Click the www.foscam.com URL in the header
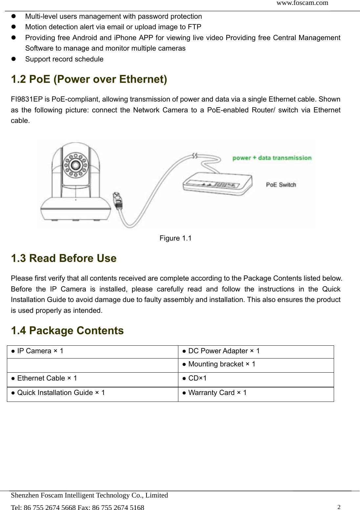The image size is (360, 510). pos(302,3)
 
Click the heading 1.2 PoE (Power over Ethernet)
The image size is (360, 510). pos(89,79)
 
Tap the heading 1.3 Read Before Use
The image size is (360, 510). pos(64,258)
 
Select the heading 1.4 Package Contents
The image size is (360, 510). pos(67,331)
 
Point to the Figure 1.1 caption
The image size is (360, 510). pos(175,238)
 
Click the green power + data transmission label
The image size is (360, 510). pos(272,158)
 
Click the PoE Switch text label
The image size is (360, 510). pos(281,185)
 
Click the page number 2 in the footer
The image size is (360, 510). pos(339,507)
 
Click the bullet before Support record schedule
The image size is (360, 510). pos(14,59)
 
